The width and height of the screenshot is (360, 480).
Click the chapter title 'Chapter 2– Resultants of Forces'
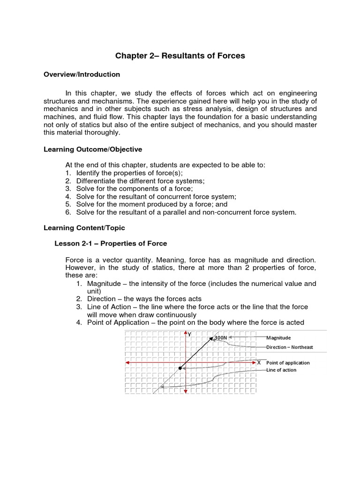tap(180, 56)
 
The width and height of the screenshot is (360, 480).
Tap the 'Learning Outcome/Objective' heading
tap(92, 149)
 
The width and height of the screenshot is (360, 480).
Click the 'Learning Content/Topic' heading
tap(84, 228)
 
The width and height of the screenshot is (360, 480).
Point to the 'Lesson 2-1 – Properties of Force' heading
tap(111, 244)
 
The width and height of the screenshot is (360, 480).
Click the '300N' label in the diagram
tap(221, 337)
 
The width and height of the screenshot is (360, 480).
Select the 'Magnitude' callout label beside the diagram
tap(278, 337)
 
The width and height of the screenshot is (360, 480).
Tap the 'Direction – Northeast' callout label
tap(289, 347)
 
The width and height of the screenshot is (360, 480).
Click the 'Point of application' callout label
tap(288, 363)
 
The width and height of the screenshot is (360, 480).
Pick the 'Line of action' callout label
tap(281, 370)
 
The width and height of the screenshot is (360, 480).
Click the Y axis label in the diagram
tap(189, 335)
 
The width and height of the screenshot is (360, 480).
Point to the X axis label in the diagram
tap(259, 362)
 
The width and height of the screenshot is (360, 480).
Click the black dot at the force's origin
tap(180, 368)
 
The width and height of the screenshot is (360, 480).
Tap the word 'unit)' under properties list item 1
tap(94, 291)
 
